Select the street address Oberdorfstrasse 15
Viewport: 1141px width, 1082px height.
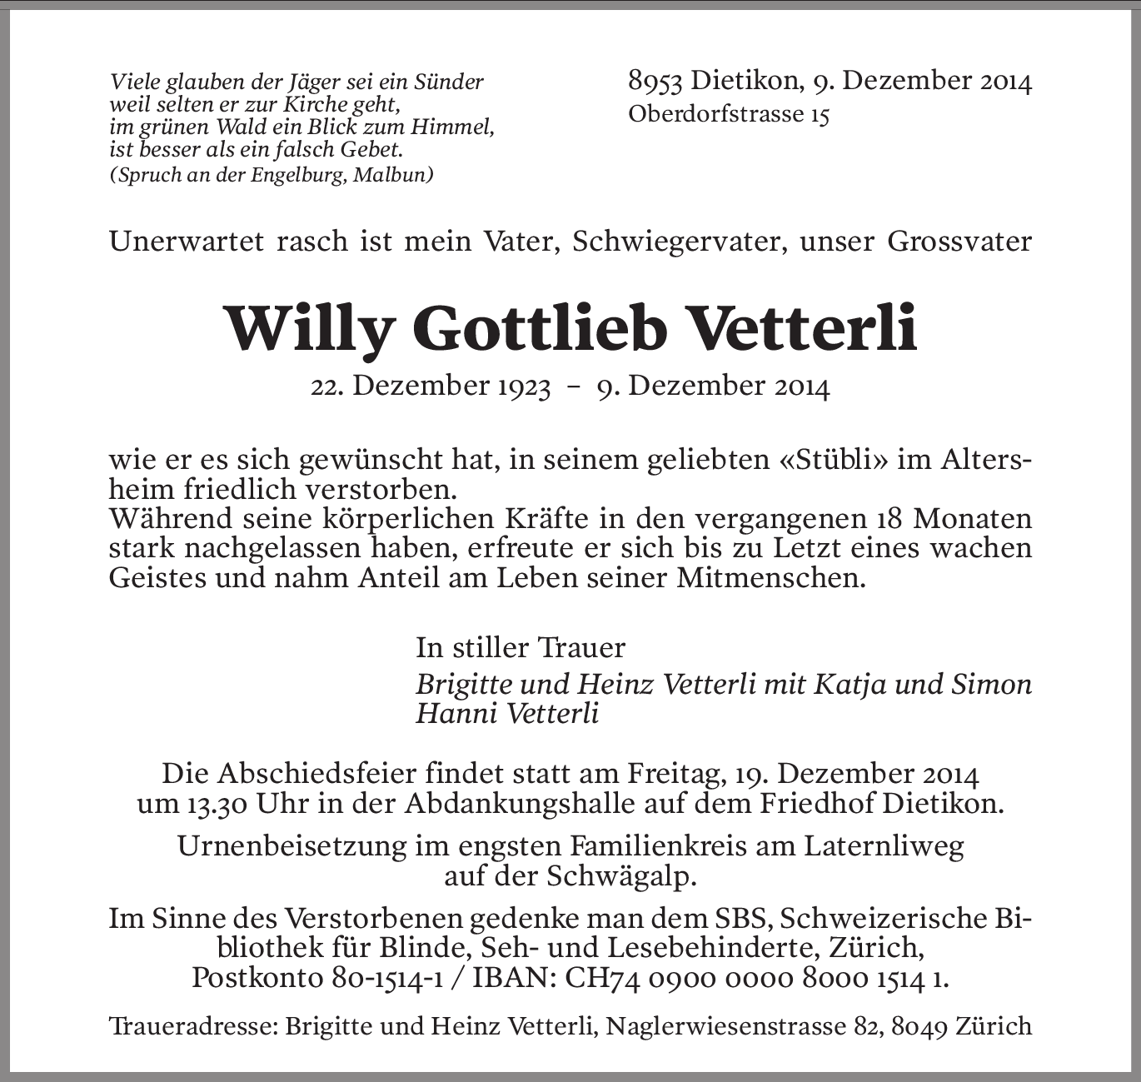pyautogui.click(x=729, y=114)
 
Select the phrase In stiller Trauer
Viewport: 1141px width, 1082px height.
pyautogui.click(x=521, y=647)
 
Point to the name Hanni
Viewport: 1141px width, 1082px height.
pyautogui.click(x=454, y=714)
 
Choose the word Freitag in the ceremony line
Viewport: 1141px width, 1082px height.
pyautogui.click(x=675, y=775)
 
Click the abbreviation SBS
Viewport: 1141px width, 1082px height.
pyautogui.click(x=744, y=919)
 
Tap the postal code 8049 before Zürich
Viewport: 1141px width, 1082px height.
pyautogui.click(x=920, y=1026)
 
